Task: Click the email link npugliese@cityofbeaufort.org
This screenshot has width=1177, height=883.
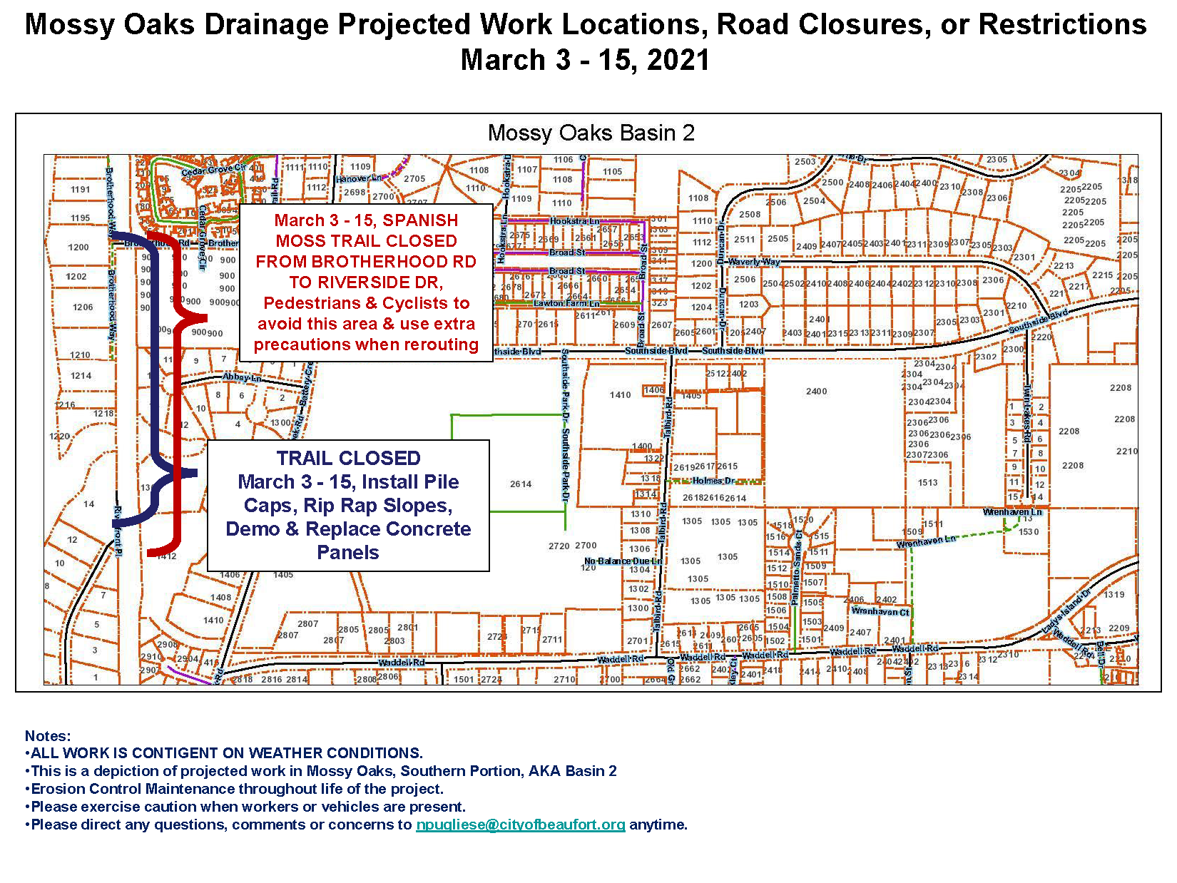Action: [520, 825]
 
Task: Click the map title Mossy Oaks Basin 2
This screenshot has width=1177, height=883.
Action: [591, 133]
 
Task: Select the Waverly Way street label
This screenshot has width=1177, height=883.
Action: [754, 262]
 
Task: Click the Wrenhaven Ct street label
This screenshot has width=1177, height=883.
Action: [880, 611]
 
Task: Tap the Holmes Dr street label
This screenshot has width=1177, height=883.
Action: [713, 481]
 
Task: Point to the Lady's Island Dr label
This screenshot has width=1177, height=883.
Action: [1066, 612]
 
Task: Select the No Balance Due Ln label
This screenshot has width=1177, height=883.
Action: [623, 561]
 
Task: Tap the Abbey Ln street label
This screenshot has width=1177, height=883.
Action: [241, 377]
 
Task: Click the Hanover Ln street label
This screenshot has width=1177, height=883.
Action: [360, 178]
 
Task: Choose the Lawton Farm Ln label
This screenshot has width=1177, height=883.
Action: [567, 304]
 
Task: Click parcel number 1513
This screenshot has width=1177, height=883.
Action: [927, 483]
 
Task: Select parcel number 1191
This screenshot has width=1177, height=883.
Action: [80, 190]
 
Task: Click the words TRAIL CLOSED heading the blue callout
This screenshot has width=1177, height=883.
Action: [348, 458]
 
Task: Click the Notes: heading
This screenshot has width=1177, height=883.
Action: [48, 736]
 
